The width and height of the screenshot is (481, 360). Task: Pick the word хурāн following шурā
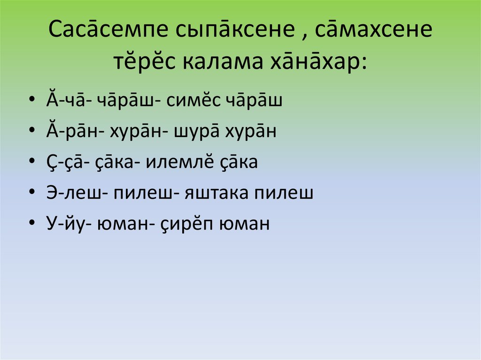click(x=256, y=132)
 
